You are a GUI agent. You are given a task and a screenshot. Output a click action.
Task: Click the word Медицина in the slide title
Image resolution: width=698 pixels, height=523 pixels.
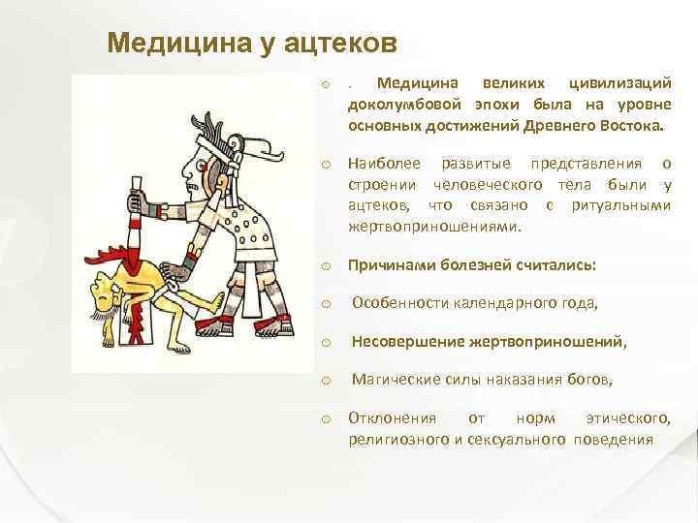(x=169, y=43)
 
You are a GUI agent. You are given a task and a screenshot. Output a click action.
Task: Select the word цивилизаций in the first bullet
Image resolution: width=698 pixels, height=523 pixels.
(x=619, y=86)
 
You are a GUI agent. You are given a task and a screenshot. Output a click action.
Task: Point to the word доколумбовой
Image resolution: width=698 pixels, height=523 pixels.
(x=405, y=106)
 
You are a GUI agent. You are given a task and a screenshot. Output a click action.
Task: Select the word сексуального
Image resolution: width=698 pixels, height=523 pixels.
(x=521, y=439)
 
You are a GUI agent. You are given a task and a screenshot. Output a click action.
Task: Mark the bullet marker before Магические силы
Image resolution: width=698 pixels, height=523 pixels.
(x=327, y=382)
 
